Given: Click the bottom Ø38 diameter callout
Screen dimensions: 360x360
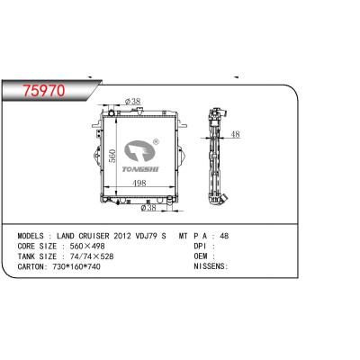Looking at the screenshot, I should pyautogui.click(x=150, y=207).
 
